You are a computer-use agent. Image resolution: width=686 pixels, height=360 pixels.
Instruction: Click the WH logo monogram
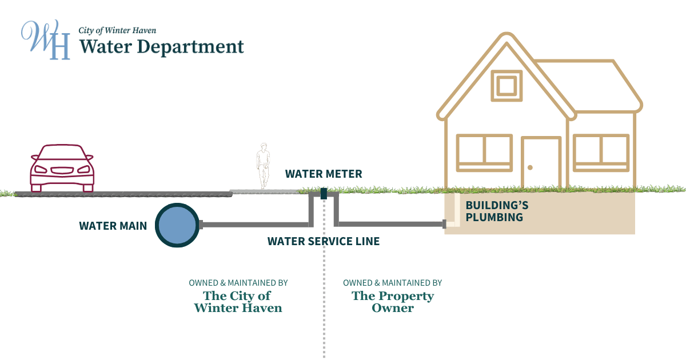pos(46,40)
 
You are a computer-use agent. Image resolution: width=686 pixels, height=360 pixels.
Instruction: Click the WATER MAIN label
pos(113,226)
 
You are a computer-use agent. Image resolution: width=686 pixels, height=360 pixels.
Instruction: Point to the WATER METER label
pos(324,174)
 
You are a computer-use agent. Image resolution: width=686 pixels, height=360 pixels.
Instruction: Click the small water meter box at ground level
pos(324,194)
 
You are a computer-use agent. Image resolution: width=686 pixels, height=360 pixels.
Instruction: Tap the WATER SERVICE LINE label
pos(324,242)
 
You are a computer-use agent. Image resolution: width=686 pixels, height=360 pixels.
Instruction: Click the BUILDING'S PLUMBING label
pos(494,211)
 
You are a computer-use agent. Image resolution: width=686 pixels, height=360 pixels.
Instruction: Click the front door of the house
pos(541,163)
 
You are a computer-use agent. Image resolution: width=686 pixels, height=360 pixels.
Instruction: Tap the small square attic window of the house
pos(506,86)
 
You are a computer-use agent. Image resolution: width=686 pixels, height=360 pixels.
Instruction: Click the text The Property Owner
pos(393,302)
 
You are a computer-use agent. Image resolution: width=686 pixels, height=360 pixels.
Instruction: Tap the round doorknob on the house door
pos(530,167)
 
